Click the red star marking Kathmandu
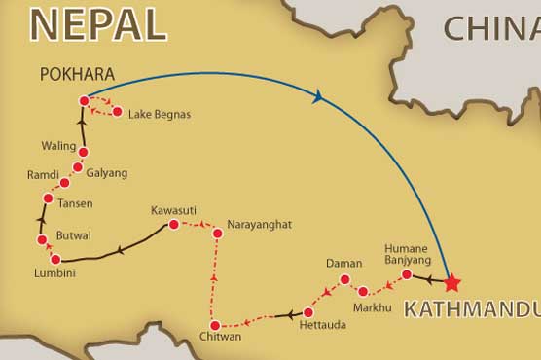pyautogui.click(x=451, y=284)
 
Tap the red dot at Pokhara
pyautogui.click(x=84, y=100)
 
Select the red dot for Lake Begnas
pyautogui.click(x=118, y=113)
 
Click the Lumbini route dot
pyautogui.click(x=55, y=259)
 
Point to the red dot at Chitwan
pyautogui.click(x=214, y=325)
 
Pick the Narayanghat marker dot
pyautogui.click(x=217, y=234)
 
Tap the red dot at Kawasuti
pyautogui.click(x=173, y=225)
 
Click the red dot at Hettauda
pyautogui.click(x=307, y=313)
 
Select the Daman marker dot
pyautogui.click(x=343, y=280)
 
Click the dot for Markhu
pyautogui.click(x=363, y=291)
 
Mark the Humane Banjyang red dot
pyautogui.click(x=405, y=275)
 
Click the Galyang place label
pyautogui.click(x=106, y=173)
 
